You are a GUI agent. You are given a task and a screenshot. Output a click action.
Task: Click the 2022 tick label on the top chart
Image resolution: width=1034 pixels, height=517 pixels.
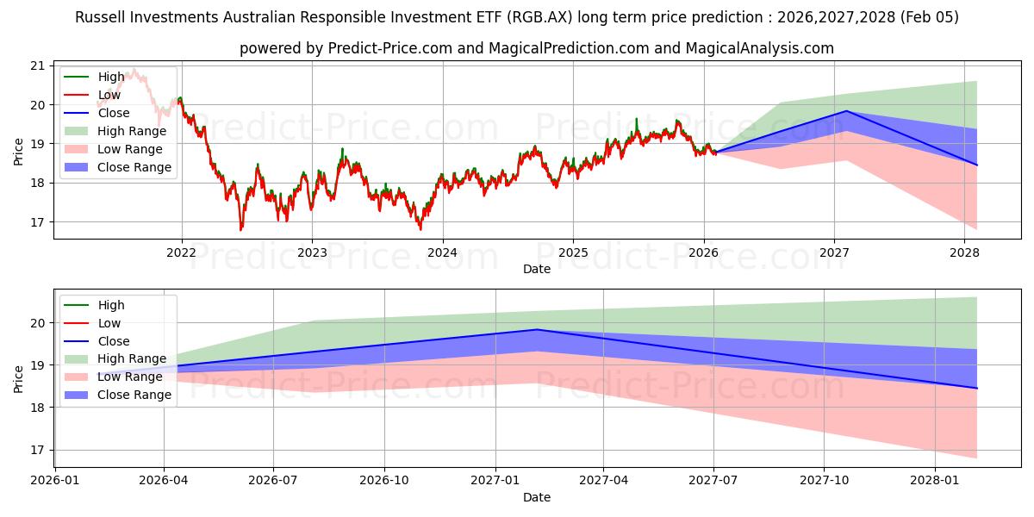tap(181, 252)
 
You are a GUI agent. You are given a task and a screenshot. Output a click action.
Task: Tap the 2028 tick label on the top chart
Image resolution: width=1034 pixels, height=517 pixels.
tap(964, 252)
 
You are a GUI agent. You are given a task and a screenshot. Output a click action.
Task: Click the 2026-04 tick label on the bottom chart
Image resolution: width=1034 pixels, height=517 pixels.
tap(164, 481)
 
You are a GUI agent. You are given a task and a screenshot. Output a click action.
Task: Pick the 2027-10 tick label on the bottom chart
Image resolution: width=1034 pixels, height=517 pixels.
tap(825, 481)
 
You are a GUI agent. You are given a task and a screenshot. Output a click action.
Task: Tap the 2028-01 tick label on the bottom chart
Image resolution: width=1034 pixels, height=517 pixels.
tap(935, 481)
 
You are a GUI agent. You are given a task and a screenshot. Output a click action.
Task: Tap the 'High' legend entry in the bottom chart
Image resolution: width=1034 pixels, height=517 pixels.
tap(111, 305)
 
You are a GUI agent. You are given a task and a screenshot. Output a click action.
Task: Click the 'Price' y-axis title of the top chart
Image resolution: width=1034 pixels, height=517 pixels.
tap(19, 151)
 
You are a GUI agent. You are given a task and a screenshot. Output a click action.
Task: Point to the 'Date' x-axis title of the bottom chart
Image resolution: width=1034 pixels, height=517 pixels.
tap(536, 497)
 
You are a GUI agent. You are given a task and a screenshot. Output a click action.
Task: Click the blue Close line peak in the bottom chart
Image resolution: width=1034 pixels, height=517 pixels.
tap(538, 329)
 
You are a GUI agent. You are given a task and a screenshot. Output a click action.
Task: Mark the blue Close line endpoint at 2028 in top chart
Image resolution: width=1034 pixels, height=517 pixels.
tap(976, 165)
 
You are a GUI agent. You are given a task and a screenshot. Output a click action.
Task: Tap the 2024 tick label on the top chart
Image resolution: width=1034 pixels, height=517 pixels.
tap(442, 252)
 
